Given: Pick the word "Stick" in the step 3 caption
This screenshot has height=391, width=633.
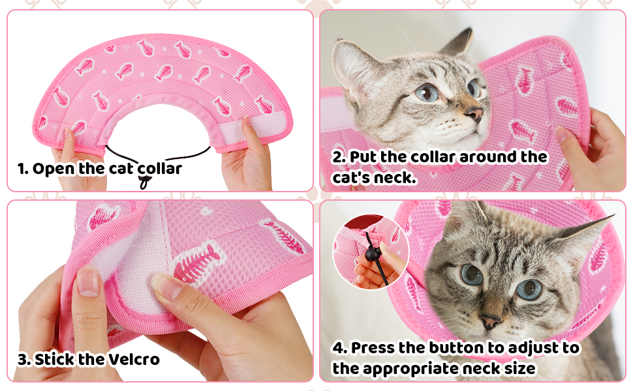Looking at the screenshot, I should tap(54, 359).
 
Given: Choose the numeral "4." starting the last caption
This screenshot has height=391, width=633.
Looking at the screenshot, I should tap(341, 348).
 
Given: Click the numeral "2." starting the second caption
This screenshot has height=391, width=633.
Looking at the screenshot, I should tap(340, 157).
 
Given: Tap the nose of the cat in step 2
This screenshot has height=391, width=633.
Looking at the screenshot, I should tap(477, 115).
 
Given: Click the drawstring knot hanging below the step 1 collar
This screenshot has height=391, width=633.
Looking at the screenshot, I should tap(143, 184).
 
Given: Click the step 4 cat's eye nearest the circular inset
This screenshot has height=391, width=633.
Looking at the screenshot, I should tap(471, 274).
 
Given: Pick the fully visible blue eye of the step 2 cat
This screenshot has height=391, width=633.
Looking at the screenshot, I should tap(427, 93).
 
